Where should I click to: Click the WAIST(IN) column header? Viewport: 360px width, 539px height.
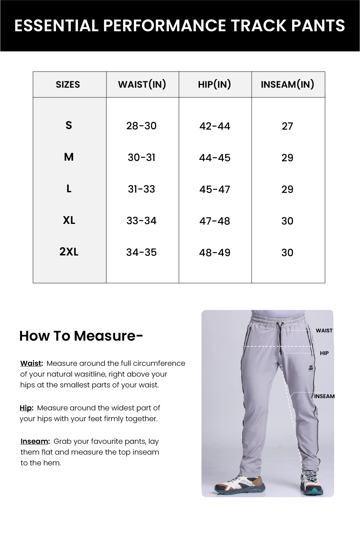[142, 84]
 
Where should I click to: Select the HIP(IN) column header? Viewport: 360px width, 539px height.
[214, 84]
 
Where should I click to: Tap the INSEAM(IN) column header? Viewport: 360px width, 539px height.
[287, 84]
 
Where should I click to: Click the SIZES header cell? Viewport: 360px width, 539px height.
[68, 85]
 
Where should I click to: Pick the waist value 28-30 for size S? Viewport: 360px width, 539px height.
[141, 126]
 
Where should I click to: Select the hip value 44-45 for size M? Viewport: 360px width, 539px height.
[215, 158]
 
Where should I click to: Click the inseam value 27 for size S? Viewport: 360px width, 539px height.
[287, 126]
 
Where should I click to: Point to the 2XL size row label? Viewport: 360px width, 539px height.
[69, 252]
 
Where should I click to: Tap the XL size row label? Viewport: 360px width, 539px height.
[69, 220]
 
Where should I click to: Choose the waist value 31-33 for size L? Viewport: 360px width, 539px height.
[141, 189]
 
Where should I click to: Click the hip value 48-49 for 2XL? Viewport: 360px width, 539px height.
[215, 253]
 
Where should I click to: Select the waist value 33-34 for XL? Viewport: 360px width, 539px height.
[141, 221]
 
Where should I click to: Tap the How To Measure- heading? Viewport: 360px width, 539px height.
[81, 336]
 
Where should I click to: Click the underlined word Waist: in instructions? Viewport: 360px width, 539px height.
[32, 363]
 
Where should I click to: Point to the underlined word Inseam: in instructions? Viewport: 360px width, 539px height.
[35, 441]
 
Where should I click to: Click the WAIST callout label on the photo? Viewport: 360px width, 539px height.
[324, 331]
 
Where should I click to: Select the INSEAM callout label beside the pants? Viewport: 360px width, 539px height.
[324, 396]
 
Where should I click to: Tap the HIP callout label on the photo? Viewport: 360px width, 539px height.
[324, 353]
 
